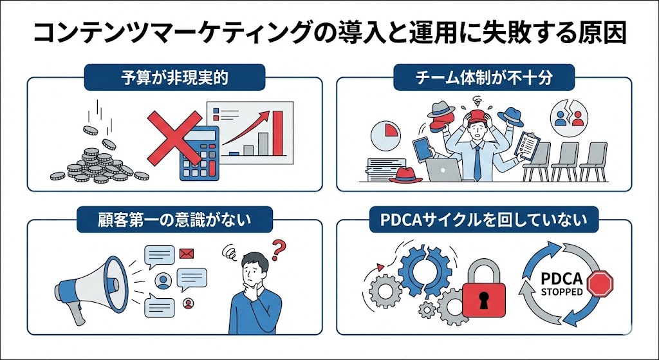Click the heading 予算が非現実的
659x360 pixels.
175,78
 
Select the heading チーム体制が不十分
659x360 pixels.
484,78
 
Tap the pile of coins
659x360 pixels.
97,161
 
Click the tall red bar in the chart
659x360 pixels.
278,133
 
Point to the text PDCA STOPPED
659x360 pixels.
562,286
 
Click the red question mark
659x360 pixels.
279,249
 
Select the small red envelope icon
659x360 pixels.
187,253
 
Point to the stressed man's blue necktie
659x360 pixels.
476,161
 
